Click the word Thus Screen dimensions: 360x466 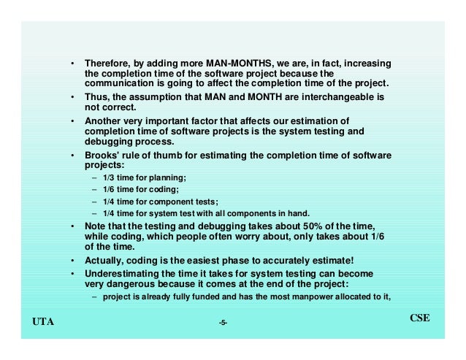96,96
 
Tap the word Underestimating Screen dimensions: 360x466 122,274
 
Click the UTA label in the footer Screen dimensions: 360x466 45,321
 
